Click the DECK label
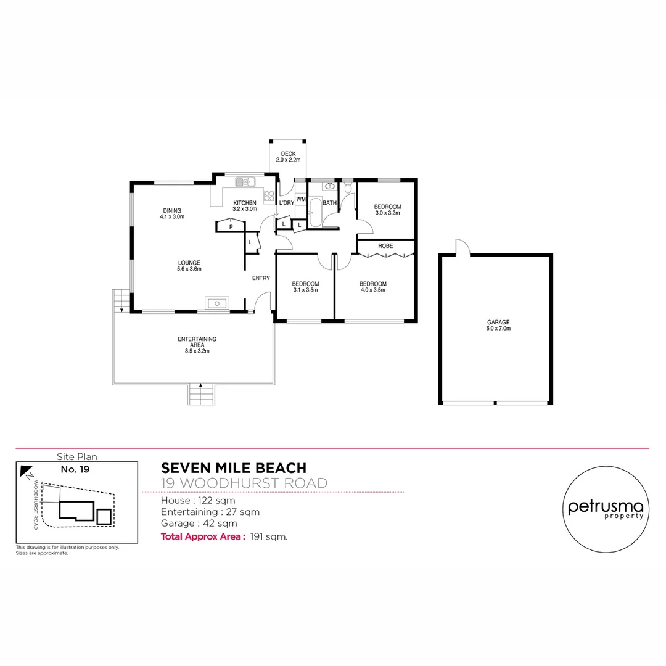288,154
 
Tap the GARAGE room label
498,322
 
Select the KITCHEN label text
244,203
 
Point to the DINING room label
172,210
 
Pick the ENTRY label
261,278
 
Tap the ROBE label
385,246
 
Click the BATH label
330,203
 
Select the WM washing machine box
301,199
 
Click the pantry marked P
231,227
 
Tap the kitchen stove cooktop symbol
269,197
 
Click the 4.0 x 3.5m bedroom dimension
372,290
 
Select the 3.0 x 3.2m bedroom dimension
388,213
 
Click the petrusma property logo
606,509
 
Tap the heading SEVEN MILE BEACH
233,469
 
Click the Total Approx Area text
203,536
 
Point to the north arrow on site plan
27,473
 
